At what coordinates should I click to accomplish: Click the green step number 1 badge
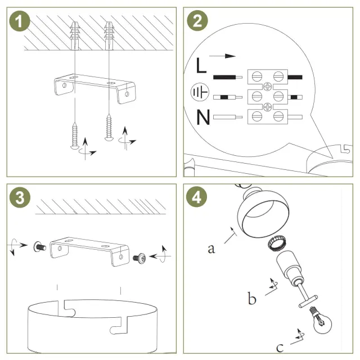pos(21,22)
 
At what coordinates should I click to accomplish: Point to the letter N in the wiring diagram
pos(204,118)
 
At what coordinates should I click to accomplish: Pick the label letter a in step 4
pos(211,248)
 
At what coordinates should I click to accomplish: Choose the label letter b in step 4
pos(252,298)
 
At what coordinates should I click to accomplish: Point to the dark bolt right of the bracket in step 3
pos(139,258)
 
